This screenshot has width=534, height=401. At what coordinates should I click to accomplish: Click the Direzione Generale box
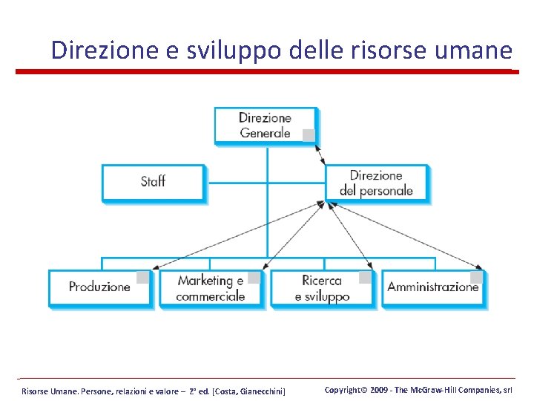[265, 125]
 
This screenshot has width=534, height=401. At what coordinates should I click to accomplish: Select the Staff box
[153, 181]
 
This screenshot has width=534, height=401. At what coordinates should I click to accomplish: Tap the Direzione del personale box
[376, 183]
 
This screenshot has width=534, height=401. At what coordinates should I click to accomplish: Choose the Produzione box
[99, 287]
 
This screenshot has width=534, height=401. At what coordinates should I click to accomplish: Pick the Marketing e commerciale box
[210, 288]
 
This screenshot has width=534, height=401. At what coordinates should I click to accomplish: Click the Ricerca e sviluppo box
[321, 288]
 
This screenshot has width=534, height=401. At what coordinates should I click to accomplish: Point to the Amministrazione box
[433, 287]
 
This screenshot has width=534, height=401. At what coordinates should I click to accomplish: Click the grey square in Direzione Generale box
[309, 135]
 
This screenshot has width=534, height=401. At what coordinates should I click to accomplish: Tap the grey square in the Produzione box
[142, 278]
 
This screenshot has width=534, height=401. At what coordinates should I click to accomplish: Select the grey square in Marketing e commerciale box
[254, 278]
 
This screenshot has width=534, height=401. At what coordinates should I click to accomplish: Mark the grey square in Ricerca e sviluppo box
[365, 278]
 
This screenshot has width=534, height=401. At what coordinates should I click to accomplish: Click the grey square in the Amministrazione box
[476, 278]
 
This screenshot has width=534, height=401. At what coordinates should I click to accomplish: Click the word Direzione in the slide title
[93, 50]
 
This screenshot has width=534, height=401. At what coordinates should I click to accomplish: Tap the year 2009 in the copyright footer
[379, 390]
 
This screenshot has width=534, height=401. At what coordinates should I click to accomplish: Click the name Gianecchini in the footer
[260, 391]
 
